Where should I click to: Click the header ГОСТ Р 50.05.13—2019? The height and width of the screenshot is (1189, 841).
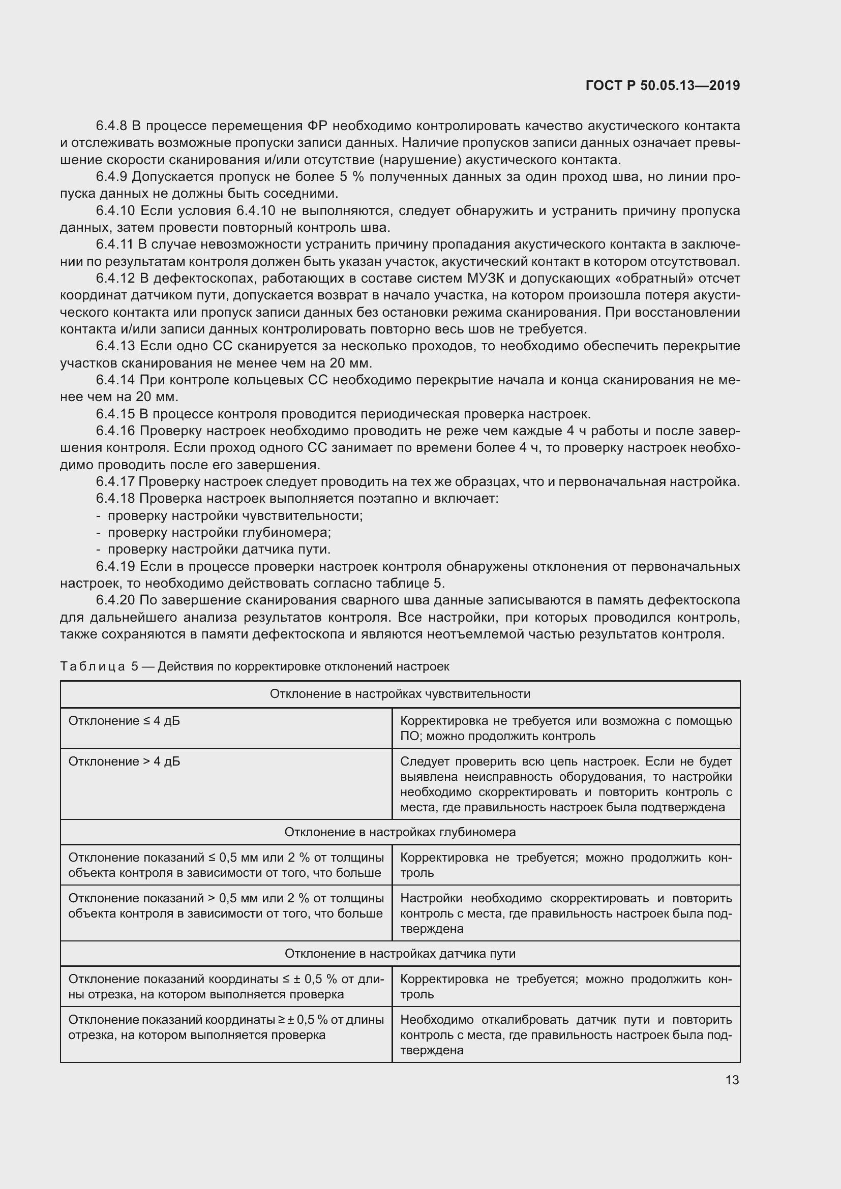click(x=663, y=86)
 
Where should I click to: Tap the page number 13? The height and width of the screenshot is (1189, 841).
click(x=732, y=1080)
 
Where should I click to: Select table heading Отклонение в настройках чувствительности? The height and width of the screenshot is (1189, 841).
click(x=400, y=694)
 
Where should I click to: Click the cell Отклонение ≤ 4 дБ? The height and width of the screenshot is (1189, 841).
click(x=124, y=721)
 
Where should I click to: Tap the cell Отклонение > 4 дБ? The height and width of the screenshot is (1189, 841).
click(x=124, y=761)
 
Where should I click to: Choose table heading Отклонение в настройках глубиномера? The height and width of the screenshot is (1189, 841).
click(x=400, y=832)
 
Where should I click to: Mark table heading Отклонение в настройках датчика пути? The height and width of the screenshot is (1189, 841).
click(x=400, y=953)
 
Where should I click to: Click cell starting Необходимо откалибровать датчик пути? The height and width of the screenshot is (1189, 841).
click(x=565, y=1034)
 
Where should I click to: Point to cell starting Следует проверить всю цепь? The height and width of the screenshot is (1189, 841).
click(x=565, y=784)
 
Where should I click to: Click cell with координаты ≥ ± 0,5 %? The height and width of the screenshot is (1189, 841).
click(x=226, y=1027)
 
